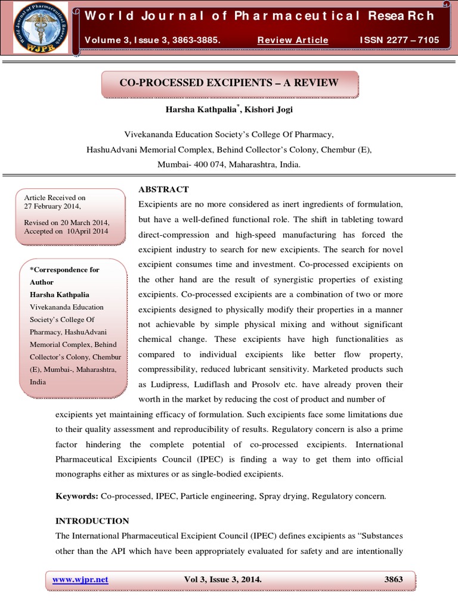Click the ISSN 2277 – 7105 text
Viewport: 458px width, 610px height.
point(399,40)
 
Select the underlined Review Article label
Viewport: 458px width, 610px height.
point(293,40)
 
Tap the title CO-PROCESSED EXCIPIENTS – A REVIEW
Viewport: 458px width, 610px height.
point(229,83)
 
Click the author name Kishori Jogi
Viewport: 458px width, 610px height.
point(260,110)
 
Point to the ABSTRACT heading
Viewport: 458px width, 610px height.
point(163,189)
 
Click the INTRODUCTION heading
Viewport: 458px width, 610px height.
point(92,521)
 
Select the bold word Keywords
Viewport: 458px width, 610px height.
point(76,496)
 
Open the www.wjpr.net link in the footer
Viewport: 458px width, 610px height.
point(81,579)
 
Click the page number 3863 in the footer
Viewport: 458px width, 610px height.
point(394,579)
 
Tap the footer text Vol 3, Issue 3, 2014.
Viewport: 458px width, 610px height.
point(224,579)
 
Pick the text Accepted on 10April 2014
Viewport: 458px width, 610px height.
point(66,231)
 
